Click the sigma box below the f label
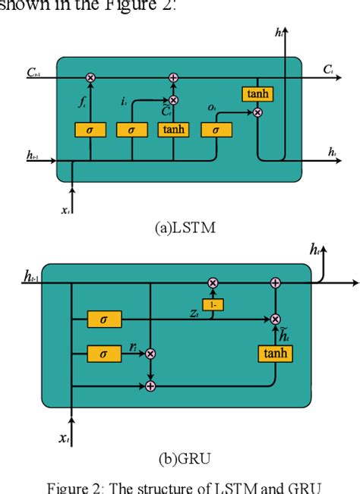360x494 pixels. [90, 130]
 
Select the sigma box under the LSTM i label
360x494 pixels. [131, 130]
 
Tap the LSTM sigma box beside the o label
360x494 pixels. [216, 130]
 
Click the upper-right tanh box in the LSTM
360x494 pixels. [257, 93]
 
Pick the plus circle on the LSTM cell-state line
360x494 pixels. [173, 77]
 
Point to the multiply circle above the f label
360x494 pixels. [90, 77]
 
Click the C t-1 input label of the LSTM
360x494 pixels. [33, 73]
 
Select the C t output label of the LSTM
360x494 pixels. [328, 70]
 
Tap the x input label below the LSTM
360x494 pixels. [65, 210]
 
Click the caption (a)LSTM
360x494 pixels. [180, 225]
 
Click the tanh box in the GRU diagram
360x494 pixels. [276, 354]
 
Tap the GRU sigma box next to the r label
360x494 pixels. [104, 353]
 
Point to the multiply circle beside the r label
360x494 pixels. [150, 353]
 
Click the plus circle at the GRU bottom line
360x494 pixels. [150, 386]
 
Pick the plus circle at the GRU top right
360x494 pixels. [276, 282]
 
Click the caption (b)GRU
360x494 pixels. [180, 458]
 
